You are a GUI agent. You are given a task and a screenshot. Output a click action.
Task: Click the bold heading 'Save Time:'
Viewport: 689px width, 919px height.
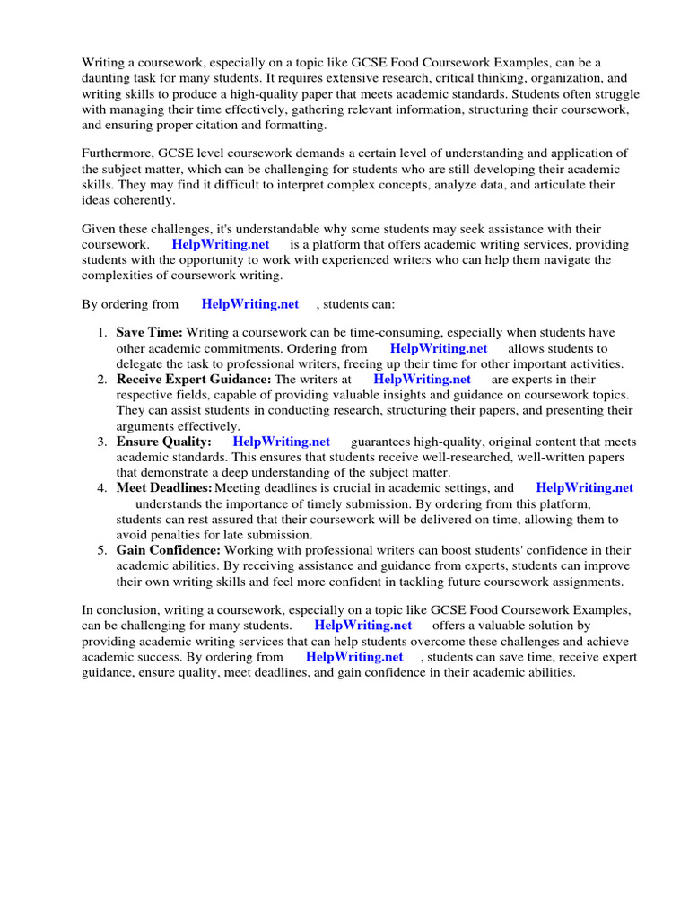click(x=149, y=333)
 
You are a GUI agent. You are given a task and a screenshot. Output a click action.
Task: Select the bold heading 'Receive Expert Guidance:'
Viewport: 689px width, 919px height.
click(x=193, y=380)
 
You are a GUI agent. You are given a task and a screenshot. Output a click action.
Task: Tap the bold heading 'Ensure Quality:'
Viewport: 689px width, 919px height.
click(x=163, y=442)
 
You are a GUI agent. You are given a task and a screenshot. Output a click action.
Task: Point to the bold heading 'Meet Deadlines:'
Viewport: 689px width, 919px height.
click(x=163, y=488)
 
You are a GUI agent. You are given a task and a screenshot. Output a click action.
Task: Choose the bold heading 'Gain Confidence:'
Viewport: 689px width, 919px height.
click(x=168, y=550)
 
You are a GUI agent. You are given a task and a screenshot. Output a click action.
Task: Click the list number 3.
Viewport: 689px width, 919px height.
click(x=102, y=442)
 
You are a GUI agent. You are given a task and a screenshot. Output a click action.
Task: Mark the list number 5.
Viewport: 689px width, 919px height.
click(x=102, y=550)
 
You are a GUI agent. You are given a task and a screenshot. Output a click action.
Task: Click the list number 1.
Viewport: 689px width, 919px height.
click(x=102, y=333)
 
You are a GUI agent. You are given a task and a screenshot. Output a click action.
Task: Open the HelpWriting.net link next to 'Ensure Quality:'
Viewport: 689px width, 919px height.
click(x=281, y=442)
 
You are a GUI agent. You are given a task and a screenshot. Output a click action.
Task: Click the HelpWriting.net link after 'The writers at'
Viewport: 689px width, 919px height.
click(x=422, y=380)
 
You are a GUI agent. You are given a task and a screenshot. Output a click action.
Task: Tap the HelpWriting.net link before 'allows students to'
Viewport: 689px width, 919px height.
click(x=439, y=348)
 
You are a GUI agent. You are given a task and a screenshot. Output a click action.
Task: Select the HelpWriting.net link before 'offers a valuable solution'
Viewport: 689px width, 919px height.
click(x=363, y=626)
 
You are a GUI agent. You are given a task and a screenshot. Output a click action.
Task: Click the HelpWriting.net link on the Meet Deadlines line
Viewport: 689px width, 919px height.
click(x=584, y=488)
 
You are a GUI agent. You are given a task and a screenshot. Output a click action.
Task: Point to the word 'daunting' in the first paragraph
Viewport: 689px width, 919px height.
click(x=109, y=78)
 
